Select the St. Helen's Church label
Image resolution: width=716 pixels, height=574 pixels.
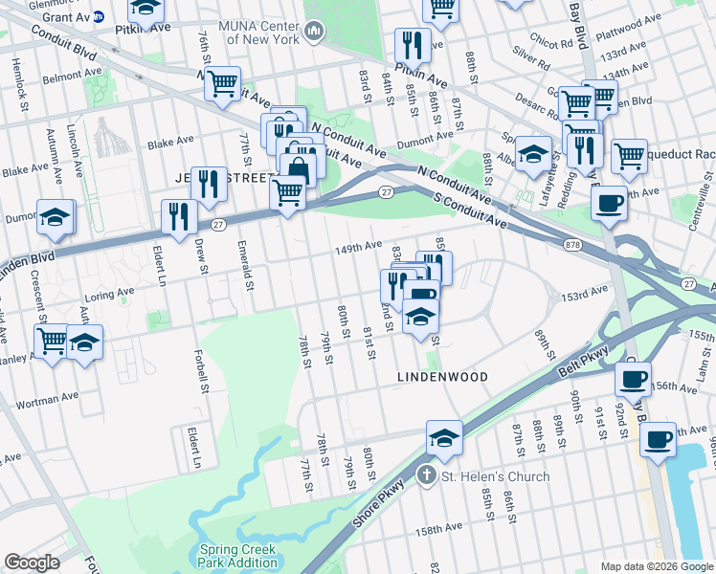495,476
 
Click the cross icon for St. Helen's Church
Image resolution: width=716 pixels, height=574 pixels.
428,475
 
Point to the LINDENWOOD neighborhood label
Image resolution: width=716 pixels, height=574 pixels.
443,377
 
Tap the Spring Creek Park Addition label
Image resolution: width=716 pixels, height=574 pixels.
237,556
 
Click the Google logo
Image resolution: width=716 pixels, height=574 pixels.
32,563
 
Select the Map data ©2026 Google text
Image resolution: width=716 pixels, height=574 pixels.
656,566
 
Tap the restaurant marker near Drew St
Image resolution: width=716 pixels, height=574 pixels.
179,216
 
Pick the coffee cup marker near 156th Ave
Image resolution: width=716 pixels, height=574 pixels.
632,378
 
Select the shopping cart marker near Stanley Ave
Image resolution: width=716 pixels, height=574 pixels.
52,340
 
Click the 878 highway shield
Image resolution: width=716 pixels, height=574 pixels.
572,246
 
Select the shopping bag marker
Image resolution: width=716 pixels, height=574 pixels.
298,171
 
